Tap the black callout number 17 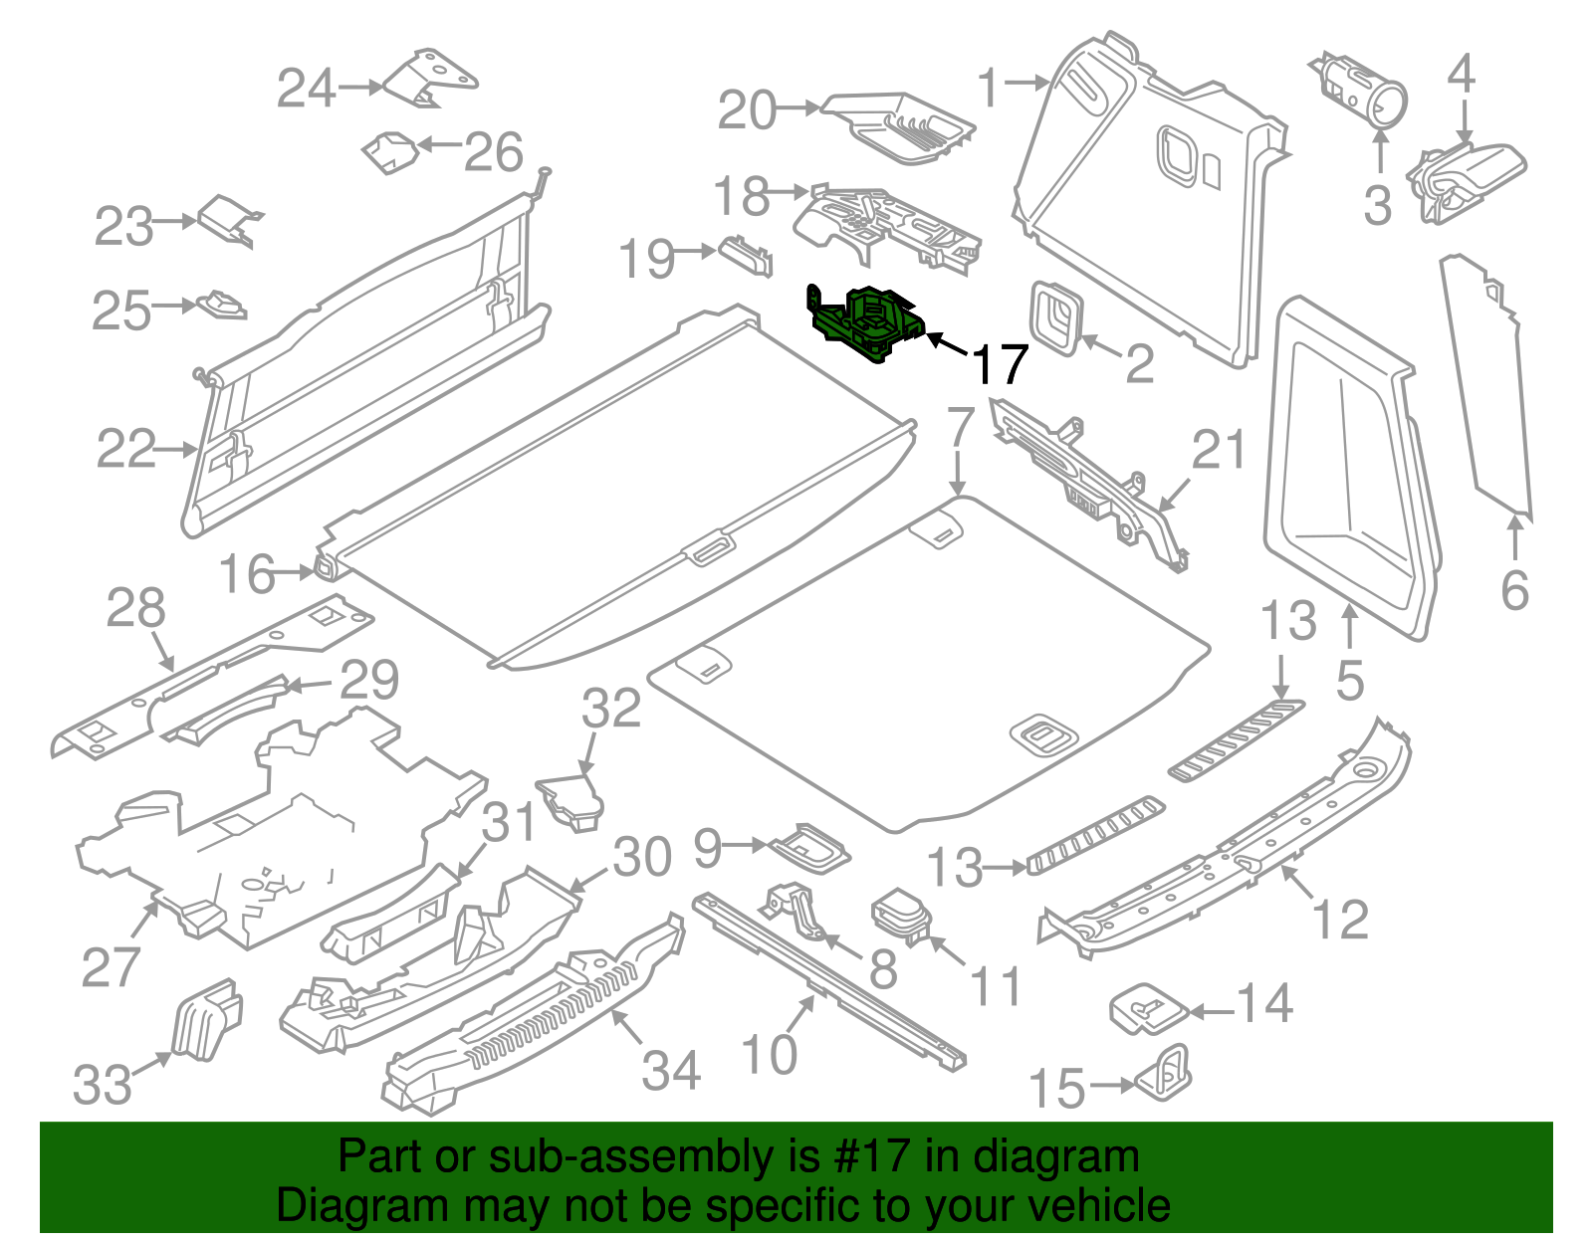coord(999,364)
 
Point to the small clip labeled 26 coord(390,151)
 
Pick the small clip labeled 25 coord(222,304)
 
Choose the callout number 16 coord(246,574)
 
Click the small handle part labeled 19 coord(746,254)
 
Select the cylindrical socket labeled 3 coord(1362,89)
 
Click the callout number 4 coord(1461,73)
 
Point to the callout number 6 coord(1514,590)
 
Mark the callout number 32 coord(610,709)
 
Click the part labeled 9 coord(810,848)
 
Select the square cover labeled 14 coord(1148,1009)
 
